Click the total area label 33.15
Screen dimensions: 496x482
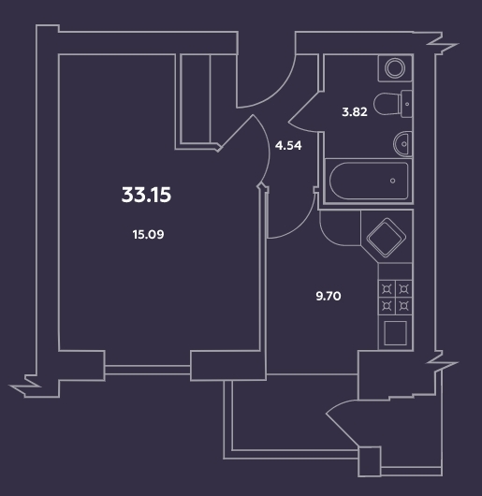147,196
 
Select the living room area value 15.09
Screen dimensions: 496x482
149,235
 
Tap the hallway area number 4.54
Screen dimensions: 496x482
287,145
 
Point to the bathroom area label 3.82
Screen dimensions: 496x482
356,110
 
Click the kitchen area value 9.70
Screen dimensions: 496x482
329,296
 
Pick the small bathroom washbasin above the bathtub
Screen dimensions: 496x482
401,143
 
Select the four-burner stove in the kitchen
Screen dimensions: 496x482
394,298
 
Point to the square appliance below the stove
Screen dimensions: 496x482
394,333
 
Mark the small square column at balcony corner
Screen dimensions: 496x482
370,460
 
